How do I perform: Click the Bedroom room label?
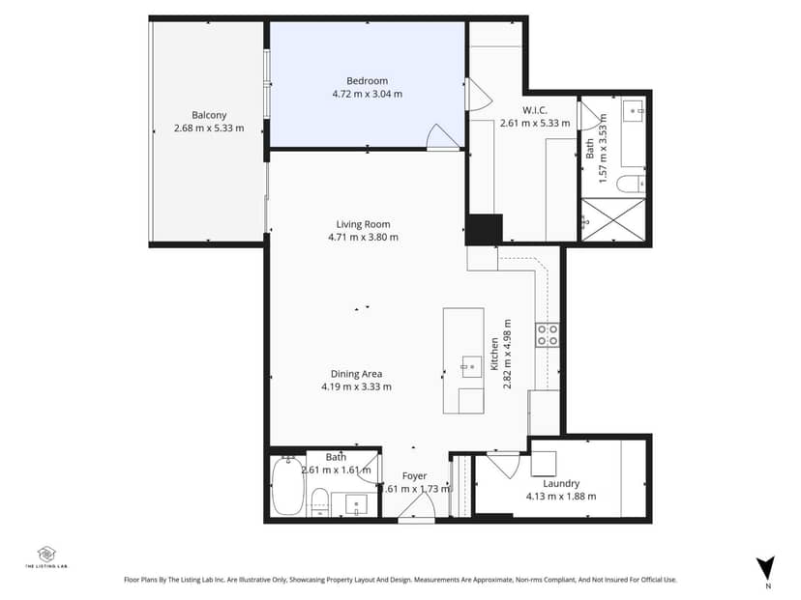[367, 80]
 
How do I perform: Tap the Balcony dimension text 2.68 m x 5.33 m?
[209, 129]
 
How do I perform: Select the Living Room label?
[363, 224]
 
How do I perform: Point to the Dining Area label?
[357, 374]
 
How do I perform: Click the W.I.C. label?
[535, 110]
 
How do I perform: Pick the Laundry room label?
[561, 483]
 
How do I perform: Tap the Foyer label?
[414, 476]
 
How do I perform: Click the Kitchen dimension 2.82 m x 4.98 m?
[507, 354]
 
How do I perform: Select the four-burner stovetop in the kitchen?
[548, 335]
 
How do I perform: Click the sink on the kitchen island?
[472, 367]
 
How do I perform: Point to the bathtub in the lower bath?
[288, 486]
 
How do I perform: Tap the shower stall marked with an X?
[613, 220]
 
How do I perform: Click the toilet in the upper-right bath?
[631, 184]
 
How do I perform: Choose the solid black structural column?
[484, 230]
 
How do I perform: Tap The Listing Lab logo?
[46, 557]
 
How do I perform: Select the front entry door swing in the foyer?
[416, 507]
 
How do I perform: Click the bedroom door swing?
[443, 137]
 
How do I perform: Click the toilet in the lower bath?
[320, 501]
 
